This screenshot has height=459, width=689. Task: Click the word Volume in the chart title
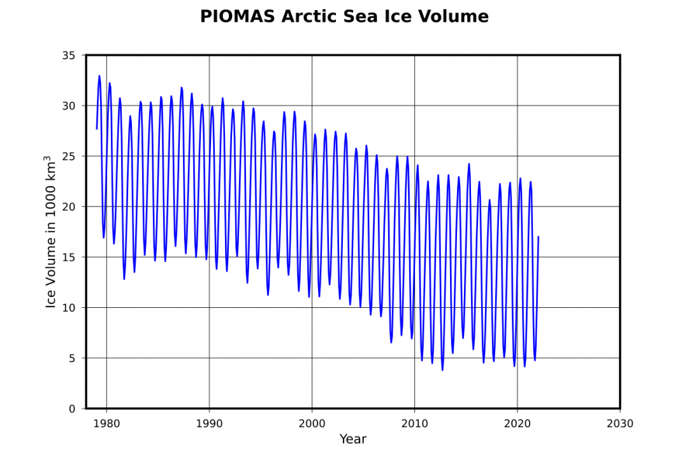[453, 17]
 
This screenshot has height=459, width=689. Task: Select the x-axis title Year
[352, 439]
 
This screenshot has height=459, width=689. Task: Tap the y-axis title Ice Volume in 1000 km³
[51, 231]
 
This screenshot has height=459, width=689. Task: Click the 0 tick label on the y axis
[73, 409]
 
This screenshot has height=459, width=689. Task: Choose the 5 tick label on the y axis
[73, 358]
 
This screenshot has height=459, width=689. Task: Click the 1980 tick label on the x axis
[106, 423]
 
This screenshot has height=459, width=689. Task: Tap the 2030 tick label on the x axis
[620, 423]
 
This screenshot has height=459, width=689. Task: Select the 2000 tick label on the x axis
[312, 423]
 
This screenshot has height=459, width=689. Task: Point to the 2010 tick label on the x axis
[414, 423]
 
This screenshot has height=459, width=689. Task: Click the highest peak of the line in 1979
[99, 76]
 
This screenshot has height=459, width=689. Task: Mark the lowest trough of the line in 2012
[442, 370]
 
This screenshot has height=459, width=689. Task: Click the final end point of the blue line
[539, 237]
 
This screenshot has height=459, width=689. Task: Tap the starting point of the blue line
[97, 129]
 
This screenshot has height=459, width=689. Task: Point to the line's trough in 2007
[391, 342]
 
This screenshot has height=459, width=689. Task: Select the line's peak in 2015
[469, 164]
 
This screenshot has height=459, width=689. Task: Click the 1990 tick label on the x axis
[209, 423]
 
